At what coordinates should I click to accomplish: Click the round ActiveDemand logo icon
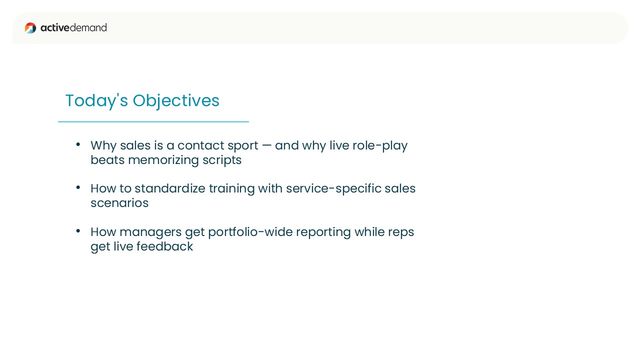click(x=30, y=28)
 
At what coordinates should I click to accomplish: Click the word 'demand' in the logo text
click(x=88, y=27)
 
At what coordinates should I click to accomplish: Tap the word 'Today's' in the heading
click(x=96, y=101)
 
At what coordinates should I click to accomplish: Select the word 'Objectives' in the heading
click(x=176, y=101)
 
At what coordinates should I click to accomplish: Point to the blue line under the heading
click(x=153, y=121)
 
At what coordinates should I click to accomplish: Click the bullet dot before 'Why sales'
click(x=78, y=144)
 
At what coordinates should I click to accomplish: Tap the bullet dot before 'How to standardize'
click(x=78, y=187)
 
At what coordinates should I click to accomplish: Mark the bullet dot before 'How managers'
click(x=78, y=231)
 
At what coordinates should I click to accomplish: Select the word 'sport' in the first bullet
click(x=243, y=146)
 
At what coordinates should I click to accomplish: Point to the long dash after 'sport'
click(x=266, y=145)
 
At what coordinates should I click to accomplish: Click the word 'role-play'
click(x=380, y=146)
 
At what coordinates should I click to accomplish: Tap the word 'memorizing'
click(x=163, y=161)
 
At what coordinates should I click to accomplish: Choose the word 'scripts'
click(x=222, y=161)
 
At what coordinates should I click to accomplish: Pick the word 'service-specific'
click(x=333, y=189)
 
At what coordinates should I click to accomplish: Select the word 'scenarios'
click(x=119, y=203)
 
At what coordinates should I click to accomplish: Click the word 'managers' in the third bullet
click(x=150, y=233)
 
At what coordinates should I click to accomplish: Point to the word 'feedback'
click(x=164, y=246)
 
